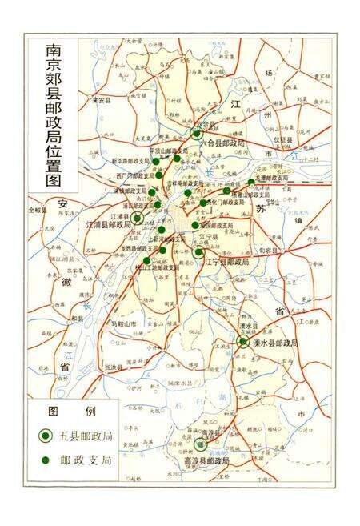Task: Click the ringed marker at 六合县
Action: [196, 134]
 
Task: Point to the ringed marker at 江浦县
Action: [138, 217]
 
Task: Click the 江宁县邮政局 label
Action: [229, 262]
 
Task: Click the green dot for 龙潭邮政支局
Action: [250, 183]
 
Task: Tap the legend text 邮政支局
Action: [86, 462]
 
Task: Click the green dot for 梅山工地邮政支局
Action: [149, 261]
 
